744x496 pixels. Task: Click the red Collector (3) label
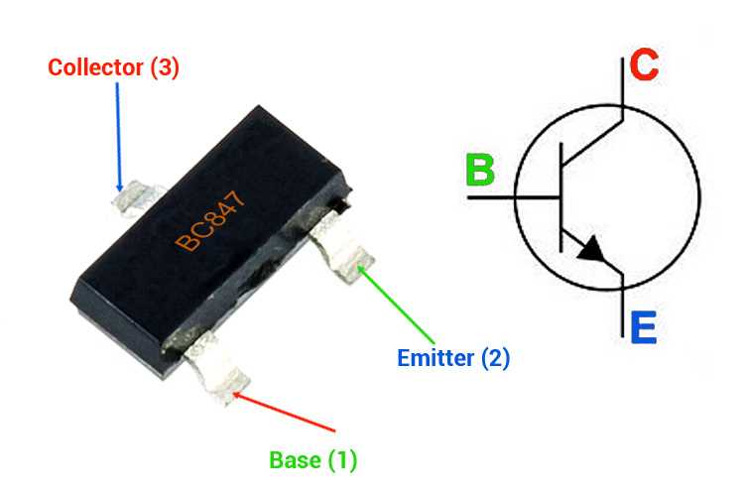(x=114, y=68)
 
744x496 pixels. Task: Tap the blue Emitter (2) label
(x=453, y=358)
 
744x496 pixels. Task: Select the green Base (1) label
(x=312, y=460)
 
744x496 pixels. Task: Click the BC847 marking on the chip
(x=210, y=224)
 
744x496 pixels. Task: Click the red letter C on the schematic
(x=644, y=66)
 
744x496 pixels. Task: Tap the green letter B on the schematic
(x=480, y=170)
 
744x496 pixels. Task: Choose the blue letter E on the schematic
(x=643, y=326)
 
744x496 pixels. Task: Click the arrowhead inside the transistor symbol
(x=591, y=250)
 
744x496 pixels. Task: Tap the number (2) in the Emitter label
(x=495, y=358)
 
